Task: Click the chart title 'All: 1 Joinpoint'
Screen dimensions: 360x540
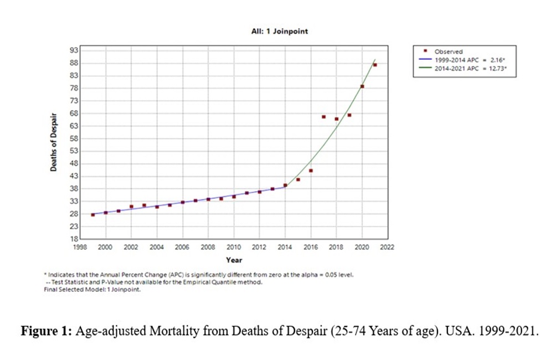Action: (279, 32)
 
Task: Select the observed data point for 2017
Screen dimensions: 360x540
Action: (323, 117)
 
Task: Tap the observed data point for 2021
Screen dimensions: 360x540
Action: (375, 65)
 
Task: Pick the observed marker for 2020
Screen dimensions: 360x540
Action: (362, 86)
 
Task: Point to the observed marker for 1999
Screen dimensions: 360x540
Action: (92, 214)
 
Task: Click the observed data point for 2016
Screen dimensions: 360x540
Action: (311, 171)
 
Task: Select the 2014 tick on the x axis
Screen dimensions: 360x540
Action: (285, 248)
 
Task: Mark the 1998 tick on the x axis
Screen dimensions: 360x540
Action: (80, 248)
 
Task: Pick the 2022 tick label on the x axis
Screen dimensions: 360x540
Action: (387, 248)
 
